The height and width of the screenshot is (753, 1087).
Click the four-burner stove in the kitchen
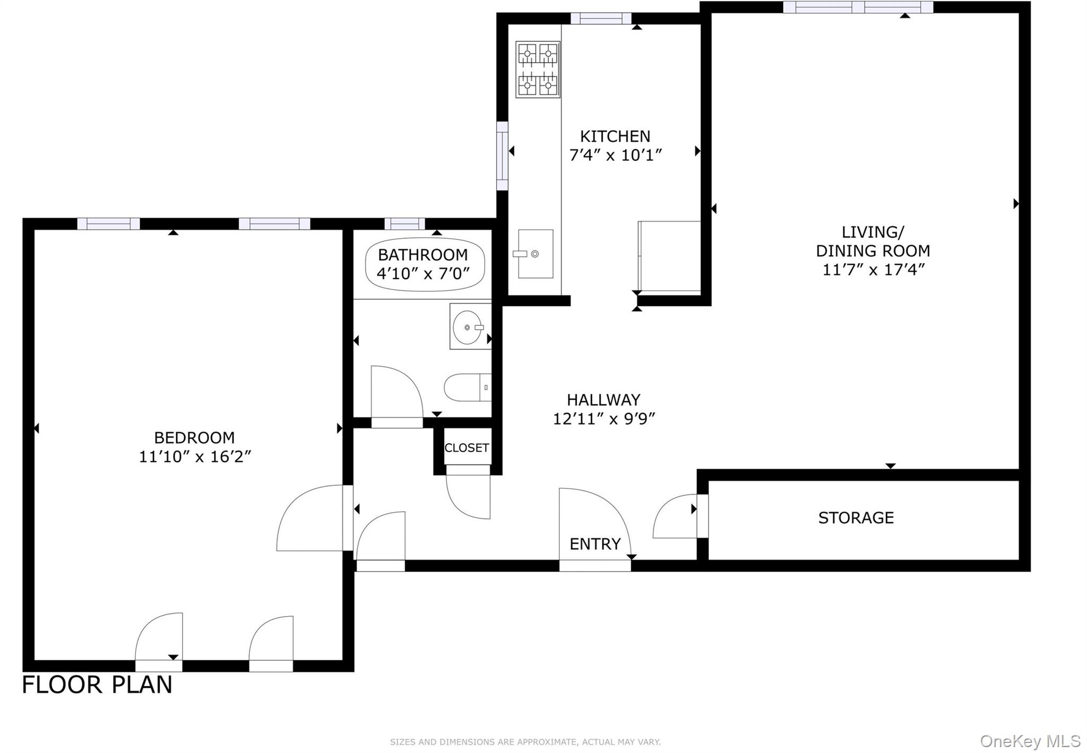pyautogui.click(x=538, y=70)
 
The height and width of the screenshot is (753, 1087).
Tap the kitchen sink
pyautogui.click(x=535, y=254)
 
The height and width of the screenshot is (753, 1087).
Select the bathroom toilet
pyautogui.click(x=466, y=387)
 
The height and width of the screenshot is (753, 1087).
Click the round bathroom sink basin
pyautogui.click(x=467, y=327)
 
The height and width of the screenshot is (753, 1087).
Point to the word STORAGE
pyautogui.click(x=856, y=518)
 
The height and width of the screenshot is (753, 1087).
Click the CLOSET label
pyautogui.click(x=467, y=448)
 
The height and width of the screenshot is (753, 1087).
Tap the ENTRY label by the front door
pyautogui.click(x=595, y=544)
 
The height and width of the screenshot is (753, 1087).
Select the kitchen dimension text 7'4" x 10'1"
pyautogui.click(x=615, y=155)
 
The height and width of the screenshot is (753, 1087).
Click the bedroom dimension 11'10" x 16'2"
pyautogui.click(x=194, y=456)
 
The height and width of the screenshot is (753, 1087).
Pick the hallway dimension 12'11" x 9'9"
pyautogui.click(x=604, y=419)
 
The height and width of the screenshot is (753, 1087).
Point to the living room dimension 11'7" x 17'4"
pyautogui.click(x=873, y=270)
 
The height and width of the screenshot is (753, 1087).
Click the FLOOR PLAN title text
pyautogui.click(x=97, y=685)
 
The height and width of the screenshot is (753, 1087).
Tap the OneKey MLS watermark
pyautogui.click(x=1030, y=741)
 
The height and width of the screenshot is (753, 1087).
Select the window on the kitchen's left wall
pyautogui.click(x=502, y=156)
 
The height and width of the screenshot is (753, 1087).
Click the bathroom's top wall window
pyautogui.click(x=404, y=223)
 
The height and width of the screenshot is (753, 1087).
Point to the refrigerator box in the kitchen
pyautogui.click(x=669, y=256)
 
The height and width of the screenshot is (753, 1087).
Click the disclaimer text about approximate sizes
pyautogui.click(x=525, y=742)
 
